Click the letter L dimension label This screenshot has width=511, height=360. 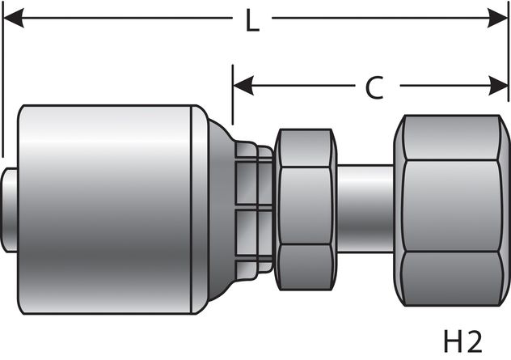252,22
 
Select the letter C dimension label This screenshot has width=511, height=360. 373,87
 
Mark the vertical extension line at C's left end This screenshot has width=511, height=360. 233,97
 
